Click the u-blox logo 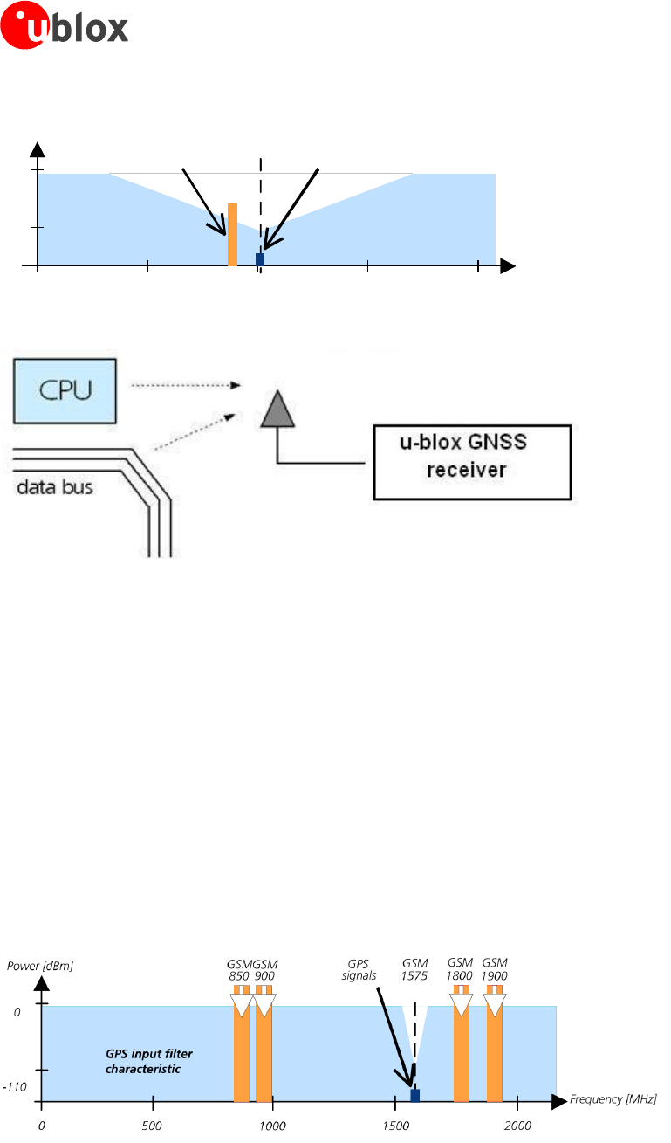pyautogui.click(x=65, y=26)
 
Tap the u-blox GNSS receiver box pyautogui.click(x=472, y=462)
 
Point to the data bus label pyautogui.click(x=55, y=487)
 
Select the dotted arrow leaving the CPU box pyautogui.click(x=183, y=384)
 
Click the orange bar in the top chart pyautogui.click(x=232, y=234)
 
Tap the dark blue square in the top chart pyautogui.click(x=259, y=259)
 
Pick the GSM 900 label pyautogui.click(x=264, y=969)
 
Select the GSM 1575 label pyautogui.click(x=416, y=969)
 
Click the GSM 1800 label pyautogui.click(x=460, y=969)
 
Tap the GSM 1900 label pyautogui.click(x=495, y=969)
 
